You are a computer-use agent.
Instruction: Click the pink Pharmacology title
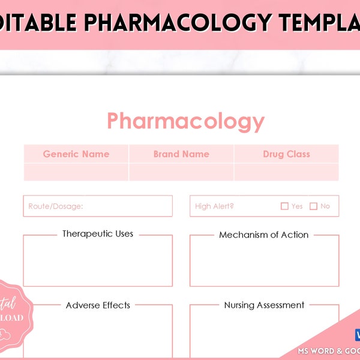[185, 121]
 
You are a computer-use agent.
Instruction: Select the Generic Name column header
[76, 154]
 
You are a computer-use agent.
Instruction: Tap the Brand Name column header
[181, 154]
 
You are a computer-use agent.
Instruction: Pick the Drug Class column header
[286, 154]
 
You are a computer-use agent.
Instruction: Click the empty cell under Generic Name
[76, 172]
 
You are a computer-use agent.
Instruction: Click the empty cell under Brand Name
[181, 172]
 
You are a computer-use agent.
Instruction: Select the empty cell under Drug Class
[286, 172]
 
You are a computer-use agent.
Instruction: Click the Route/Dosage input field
[98, 206]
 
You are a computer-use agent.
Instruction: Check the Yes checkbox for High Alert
[284, 206]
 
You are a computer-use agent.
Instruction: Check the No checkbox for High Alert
[313, 206]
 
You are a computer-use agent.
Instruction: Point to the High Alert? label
[214, 206]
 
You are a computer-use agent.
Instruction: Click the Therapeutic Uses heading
[98, 234]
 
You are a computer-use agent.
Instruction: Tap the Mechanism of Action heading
[264, 235]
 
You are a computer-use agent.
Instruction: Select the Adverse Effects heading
[98, 305]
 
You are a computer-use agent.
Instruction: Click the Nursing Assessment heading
[264, 305]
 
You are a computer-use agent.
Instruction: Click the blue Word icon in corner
[356, 335]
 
